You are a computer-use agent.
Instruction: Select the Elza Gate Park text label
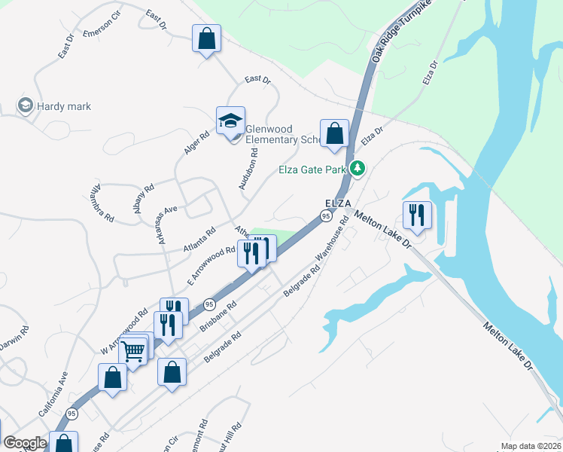pos(315,169)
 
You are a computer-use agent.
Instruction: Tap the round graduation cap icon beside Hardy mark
pos(25,105)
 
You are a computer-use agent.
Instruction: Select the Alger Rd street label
pos(196,144)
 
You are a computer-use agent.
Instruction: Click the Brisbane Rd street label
pos(219,317)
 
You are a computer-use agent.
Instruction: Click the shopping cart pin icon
pos(133,349)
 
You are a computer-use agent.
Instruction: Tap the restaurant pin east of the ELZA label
pos(416,215)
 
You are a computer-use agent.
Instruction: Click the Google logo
pos(25,444)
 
